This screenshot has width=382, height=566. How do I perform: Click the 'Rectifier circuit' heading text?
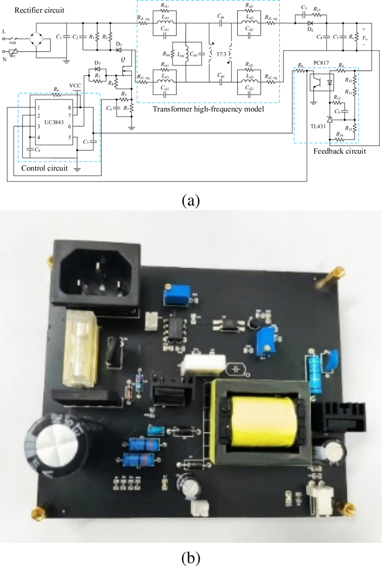[32, 10]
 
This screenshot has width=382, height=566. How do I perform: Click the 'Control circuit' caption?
[41, 168]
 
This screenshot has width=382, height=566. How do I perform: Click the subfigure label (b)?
[191, 557]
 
